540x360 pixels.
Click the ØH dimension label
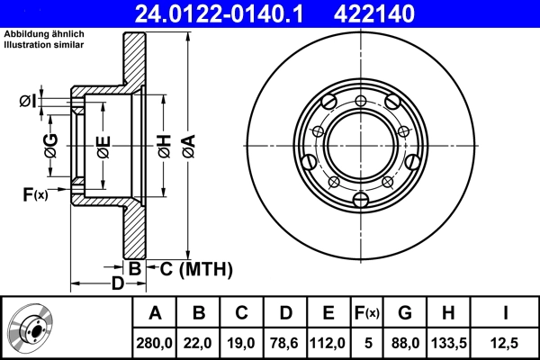pyautogui.click(x=165, y=145)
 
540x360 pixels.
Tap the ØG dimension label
pyautogui.click(x=50, y=145)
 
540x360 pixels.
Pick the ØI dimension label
pyautogui.click(x=29, y=101)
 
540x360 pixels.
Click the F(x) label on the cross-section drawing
pyautogui.click(x=35, y=193)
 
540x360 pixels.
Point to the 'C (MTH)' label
pyautogui.click(x=190, y=268)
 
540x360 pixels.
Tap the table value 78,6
pyautogui.click(x=285, y=342)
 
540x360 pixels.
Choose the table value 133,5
pyautogui.click(x=448, y=342)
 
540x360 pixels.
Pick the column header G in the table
pyautogui.click(x=405, y=313)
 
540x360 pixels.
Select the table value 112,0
pyautogui.click(x=328, y=342)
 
